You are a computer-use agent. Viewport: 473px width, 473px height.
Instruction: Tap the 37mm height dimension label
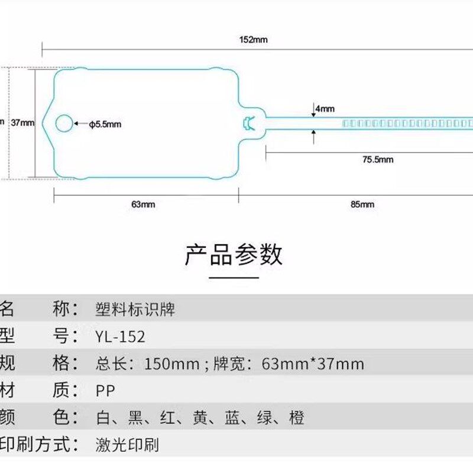coord(23,123)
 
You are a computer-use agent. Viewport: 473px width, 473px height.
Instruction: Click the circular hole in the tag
coord(64,123)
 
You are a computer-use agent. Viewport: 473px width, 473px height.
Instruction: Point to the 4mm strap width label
coord(325,109)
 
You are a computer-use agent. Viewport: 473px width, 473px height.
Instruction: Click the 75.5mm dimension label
coord(378,159)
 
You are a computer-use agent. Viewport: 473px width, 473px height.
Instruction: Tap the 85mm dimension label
coord(362,205)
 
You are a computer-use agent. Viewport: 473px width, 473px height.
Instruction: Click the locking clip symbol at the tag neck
coord(248,123)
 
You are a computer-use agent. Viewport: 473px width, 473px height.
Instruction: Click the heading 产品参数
coord(234,254)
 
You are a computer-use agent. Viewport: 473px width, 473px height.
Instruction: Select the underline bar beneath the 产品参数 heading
coord(234,277)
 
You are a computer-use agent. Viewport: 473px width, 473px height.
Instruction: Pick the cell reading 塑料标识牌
coord(135,309)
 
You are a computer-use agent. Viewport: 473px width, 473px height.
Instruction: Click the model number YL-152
coord(120,336)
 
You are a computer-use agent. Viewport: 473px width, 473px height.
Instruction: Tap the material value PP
coord(105,391)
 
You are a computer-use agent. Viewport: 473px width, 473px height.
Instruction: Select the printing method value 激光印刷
coord(127,445)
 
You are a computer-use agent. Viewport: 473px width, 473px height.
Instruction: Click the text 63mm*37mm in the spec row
coord(313,364)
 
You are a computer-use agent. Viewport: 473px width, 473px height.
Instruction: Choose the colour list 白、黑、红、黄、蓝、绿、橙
coord(200,418)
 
